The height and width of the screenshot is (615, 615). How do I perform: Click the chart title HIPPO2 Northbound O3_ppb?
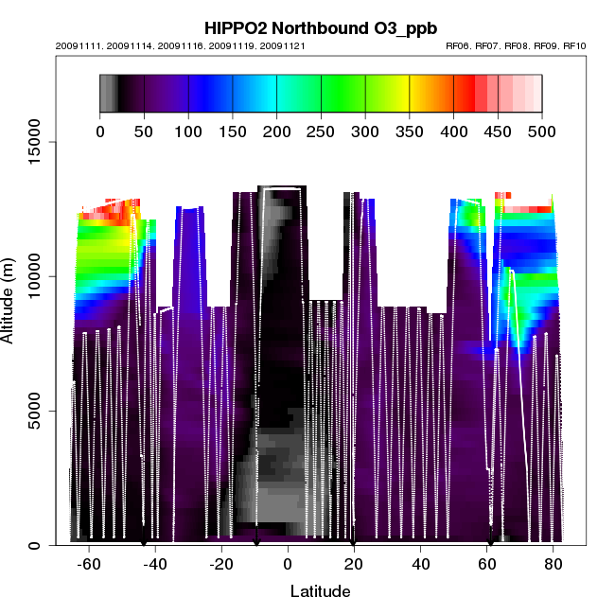pos(307,28)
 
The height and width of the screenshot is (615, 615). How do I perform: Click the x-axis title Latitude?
pos(320,591)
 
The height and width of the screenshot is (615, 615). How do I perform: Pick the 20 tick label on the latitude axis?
pos(354,565)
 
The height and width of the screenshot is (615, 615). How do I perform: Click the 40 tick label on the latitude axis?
pos(420,565)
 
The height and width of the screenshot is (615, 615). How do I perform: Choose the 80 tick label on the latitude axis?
pos(553,565)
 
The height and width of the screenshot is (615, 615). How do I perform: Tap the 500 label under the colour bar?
pos(542,132)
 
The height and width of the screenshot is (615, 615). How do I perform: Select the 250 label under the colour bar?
pos(321,132)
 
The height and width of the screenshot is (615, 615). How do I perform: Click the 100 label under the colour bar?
pos(188,132)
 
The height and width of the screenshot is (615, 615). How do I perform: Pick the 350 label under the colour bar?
pos(410,132)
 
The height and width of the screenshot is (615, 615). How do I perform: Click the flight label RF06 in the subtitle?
pos(459,45)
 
